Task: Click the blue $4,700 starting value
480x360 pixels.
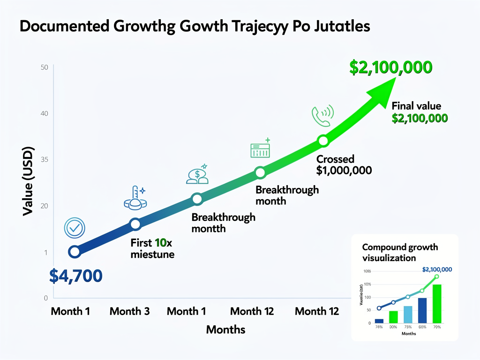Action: [x=75, y=276]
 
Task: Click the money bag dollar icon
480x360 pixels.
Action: [x=197, y=174]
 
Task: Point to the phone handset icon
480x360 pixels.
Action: [x=322, y=115]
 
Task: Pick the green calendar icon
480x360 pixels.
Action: [x=260, y=149]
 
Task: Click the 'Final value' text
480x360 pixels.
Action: [x=416, y=106]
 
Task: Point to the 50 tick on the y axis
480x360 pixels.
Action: [x=45, y=67]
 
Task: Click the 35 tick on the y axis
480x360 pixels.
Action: [x=45, y=159]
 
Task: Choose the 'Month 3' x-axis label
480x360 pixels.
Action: [x=129, y=311]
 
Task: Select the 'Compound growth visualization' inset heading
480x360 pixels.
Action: [x=400, y=252]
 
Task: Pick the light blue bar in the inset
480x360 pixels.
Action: [x=408, y=315]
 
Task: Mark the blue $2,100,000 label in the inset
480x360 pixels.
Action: [x=437, y=270]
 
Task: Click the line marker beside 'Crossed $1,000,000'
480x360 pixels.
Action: [x=323, y=140]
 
